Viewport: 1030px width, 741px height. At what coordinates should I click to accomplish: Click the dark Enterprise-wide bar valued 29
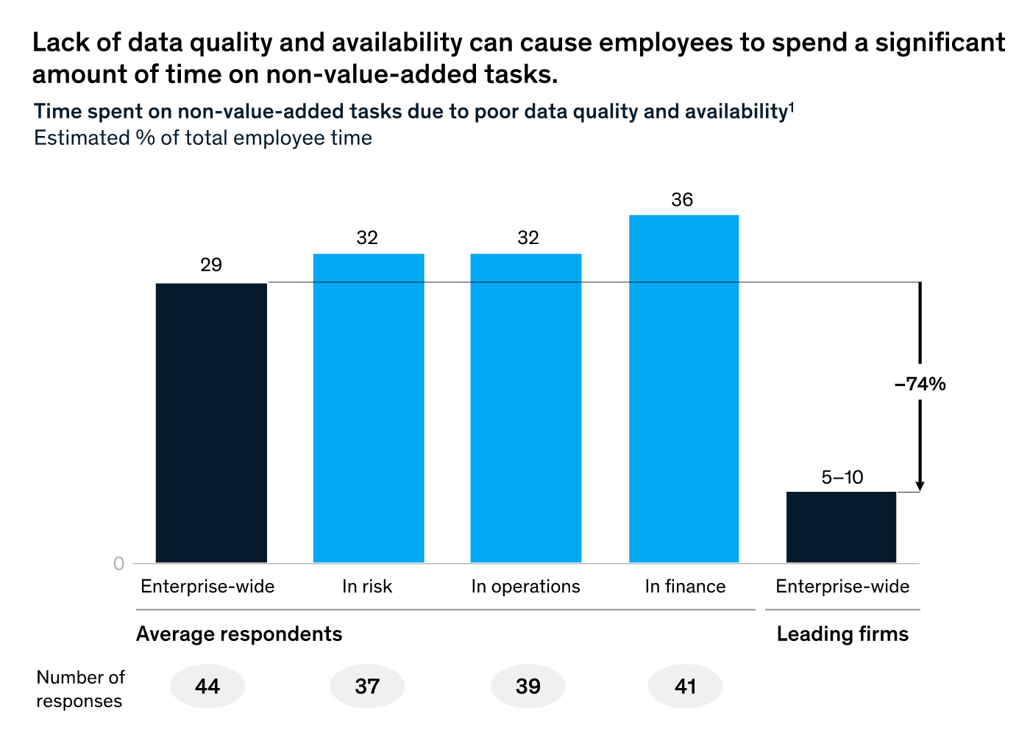pyautogui.click(x=211, y=423)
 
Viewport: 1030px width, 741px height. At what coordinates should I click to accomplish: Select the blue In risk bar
pyautogui.click(x=369, y=408)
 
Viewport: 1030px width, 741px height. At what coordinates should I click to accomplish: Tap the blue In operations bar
pyautogui.click(x=525, y=408)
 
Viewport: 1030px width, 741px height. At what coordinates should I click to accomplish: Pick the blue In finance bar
pyautogui.click(x=683, y=389)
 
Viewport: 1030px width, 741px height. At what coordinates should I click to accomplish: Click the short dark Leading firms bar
pyautogui.click(x=841, y=527)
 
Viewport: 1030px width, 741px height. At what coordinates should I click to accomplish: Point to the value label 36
pyautogui.click(x=682, y=200)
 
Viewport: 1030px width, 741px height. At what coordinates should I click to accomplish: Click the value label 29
pyautogui.click(x=211, y=265)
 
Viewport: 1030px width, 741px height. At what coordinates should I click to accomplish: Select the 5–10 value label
pyautogui.click(x=842, y=477)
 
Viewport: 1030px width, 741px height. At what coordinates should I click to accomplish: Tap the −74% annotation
pyautogui.click(x=920, y=384)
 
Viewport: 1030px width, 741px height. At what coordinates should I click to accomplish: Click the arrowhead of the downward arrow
pyautogui.click(x=920, y=486)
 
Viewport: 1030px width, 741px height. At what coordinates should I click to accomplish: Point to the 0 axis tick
pyautogui.click(x=118, y=564)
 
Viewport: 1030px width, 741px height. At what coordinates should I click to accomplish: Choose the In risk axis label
pyautogui.click(x=367, y=587)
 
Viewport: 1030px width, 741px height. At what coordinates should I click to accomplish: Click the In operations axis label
pyautogui.click(x=525, y=587)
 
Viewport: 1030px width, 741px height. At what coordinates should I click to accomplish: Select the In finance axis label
pyautogui.click(x=685, y=587)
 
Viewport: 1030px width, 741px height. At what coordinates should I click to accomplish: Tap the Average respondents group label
pyautogui.click(x=239, y=634)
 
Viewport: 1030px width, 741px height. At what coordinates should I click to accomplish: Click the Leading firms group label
pyautogui.click(x=842, y=634)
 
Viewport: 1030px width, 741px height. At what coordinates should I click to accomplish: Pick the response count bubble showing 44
pyautogui.click(x=207, y=687)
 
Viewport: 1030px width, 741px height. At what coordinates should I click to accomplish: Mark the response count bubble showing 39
pyautogui.click(x=528, y=687)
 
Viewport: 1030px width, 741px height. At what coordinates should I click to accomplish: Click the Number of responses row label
pyautogui.click(x=80, y=689)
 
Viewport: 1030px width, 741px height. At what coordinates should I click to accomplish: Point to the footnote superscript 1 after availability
pyautogui.click(x=791, y=107)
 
